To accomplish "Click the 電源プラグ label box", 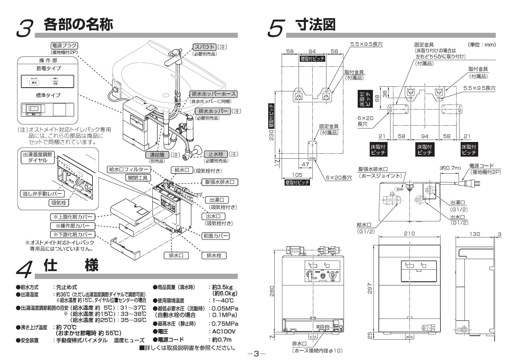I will [64, 46].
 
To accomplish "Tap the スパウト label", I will [204, 47].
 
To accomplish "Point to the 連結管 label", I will [157, 154].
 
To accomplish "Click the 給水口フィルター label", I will [129, 169].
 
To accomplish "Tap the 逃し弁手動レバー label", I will [42, 194].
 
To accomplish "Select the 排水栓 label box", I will [214, 255].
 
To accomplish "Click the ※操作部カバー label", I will [73, 226].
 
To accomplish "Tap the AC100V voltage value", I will [223, 332].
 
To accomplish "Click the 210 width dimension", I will [409, 233].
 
